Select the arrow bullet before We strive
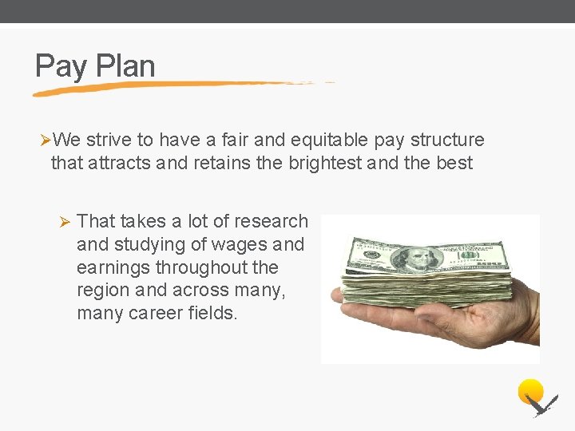point(45,140)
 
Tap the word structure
point(446,140)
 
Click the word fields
point(216,314)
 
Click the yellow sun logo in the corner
point(530,391)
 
